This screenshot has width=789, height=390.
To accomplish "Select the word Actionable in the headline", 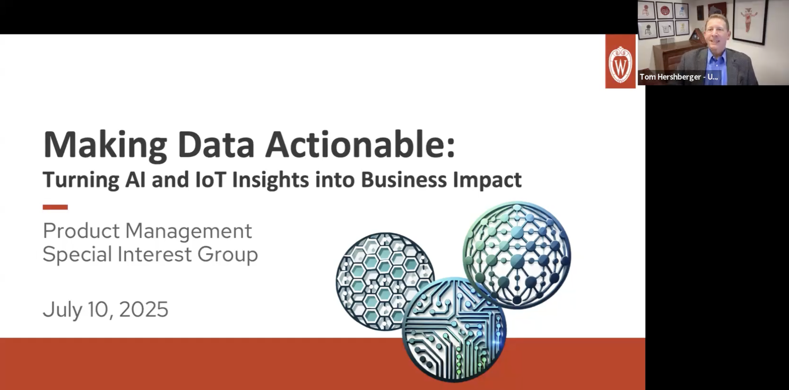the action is pyautogui.click(x=360, y=144).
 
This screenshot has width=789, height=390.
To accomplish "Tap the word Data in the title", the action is pyautogui.click(x=216, y=144).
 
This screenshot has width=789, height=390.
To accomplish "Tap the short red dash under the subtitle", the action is pyautogui.click(x=55, y=207).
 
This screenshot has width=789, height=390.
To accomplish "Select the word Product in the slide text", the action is pyautogui.click(x=81, y=231).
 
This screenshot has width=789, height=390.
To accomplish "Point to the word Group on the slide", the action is pyautogui.click(x=228, y=255).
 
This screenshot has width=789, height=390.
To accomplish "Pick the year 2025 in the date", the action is pyautogui.click(x=143, y=309).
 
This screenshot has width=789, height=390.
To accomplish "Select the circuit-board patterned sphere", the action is pyautogui.click(x=454, y=330).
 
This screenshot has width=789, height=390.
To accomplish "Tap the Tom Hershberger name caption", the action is pyautogui.click(x=679, y=77).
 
